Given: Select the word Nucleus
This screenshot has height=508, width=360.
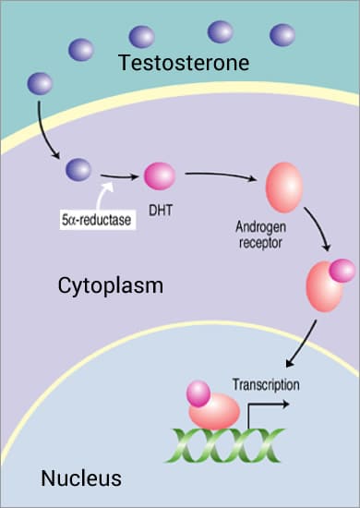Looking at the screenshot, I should pos(81,478).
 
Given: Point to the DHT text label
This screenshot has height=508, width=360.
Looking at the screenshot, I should pos(159,209).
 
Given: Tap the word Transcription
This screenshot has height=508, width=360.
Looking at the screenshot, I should pos(266,383).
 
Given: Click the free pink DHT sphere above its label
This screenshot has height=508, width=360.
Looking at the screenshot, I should pos(159,175).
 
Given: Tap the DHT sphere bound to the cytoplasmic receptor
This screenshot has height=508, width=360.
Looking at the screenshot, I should pos(342,270).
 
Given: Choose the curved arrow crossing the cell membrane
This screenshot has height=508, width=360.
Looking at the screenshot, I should pos(44,129).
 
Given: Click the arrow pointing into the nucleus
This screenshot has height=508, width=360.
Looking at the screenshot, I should pos(303,346).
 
